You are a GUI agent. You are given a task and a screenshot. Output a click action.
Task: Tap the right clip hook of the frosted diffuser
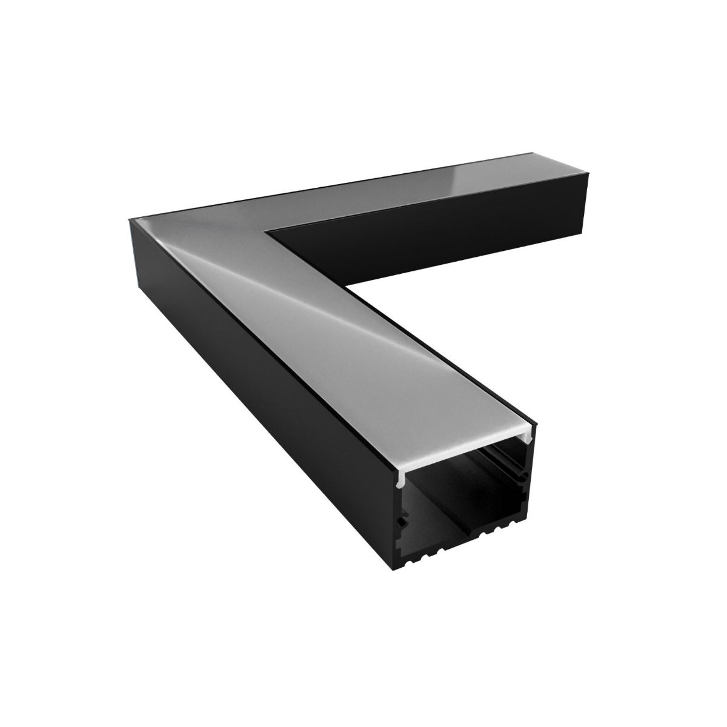tap(534, 431)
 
